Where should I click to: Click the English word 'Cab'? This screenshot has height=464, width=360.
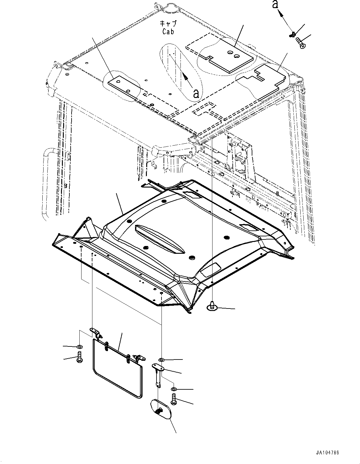(168, 31)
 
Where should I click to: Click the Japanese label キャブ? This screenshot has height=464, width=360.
(168, 24)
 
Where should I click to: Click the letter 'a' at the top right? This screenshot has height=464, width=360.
(275, 5)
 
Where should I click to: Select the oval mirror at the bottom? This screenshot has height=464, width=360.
(161, 410)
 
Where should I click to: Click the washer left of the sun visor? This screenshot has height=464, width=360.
(80, 346)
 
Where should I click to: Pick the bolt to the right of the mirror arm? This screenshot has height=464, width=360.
(174, 399)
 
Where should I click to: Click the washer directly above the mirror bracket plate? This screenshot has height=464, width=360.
(162, 360)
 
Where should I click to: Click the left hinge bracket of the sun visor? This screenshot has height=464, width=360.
(96, 332)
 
